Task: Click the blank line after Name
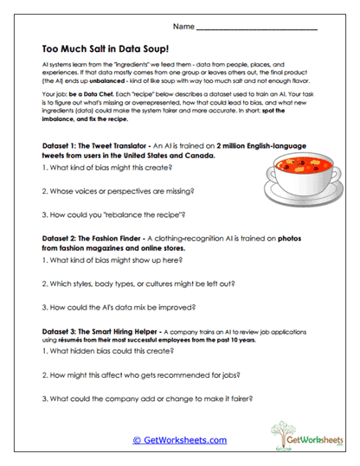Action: coord(257,29)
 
